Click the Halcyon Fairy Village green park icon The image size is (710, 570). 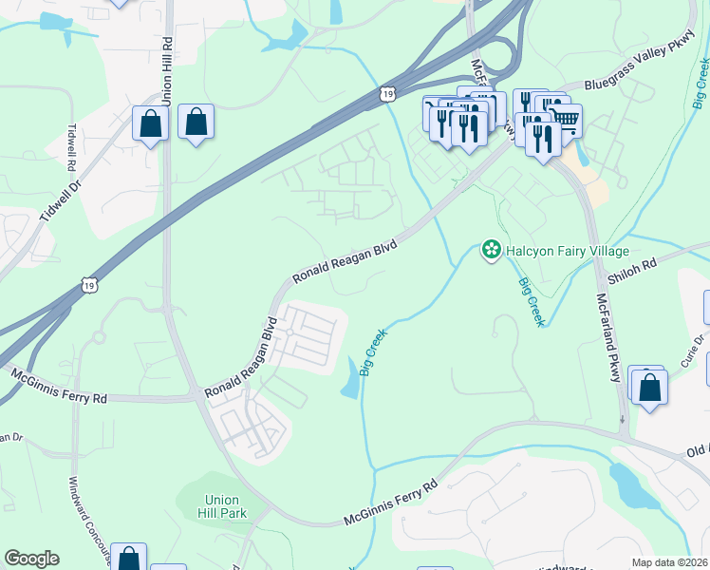491,251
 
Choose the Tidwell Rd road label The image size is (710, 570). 70,147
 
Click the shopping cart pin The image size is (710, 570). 565,120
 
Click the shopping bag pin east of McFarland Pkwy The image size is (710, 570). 650,388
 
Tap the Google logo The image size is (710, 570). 31,559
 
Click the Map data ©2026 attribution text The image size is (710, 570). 669,562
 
